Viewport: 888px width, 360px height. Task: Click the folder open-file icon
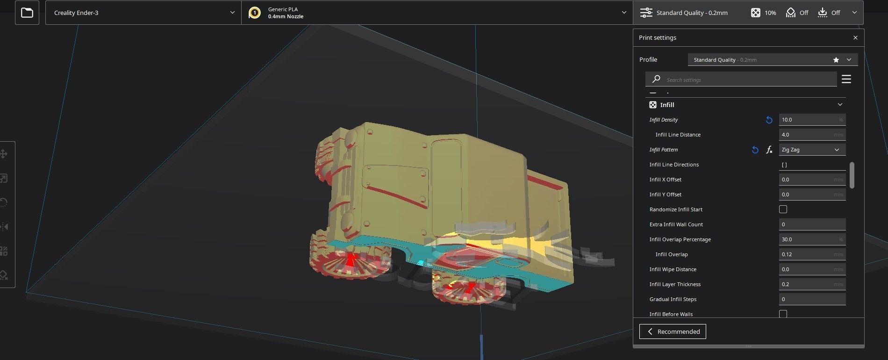[27, 13]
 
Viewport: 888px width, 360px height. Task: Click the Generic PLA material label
[283, 9]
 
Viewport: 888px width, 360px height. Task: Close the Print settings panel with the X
[855, 38]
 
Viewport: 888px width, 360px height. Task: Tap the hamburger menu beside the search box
[846, 79]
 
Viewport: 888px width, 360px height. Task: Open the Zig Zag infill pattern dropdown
[812, 150]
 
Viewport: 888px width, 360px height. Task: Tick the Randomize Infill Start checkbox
[783, 209]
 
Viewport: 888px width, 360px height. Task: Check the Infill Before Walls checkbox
[783, 314]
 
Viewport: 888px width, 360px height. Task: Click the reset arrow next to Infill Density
[769, 120]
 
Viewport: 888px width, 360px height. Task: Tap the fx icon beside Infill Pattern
[769, 150]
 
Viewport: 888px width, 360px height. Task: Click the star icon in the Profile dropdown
[836, 60]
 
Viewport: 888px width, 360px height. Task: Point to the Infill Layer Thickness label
[675, 284]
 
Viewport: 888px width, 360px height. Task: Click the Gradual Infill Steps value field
[812, 299]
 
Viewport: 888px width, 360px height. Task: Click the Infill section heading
[667, 105]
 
